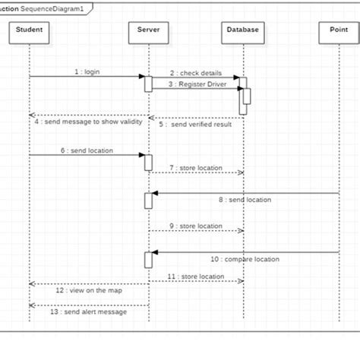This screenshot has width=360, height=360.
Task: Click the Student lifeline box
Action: point(29,32)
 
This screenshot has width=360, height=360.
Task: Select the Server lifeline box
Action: point(149,32)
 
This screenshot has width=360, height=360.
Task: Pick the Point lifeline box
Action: point(338,32)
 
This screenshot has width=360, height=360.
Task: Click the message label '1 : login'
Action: point(87,71)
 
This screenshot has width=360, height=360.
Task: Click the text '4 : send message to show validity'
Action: point(88,122)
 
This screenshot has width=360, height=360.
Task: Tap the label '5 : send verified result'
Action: point(195,124)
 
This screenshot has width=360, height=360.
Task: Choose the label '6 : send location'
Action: point(87,150)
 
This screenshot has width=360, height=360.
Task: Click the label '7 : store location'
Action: point(196,167)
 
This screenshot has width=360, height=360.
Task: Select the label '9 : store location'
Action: point(196,226)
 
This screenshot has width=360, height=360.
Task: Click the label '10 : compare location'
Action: point(245,259)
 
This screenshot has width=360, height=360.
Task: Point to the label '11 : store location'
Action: point(196,276)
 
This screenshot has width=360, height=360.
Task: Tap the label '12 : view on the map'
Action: point(88,290)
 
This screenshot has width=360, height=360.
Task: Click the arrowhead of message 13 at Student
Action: point(32,305)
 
